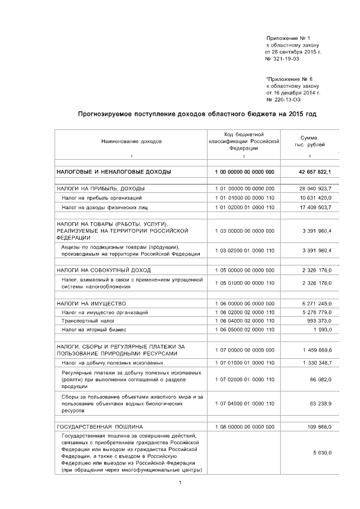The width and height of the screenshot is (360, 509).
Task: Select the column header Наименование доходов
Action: pyautogui.click(x=131, y=142)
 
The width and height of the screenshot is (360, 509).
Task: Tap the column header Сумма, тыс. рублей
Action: pyautogui.click(x=310, y=141)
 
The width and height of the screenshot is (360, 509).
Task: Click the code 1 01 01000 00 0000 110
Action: pyautogui.click(x=244, y=198)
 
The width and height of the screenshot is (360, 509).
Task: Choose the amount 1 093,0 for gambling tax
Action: pyautogui.click(x=322, y=329)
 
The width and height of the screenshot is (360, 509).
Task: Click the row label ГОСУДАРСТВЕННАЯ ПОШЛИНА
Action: pyautogui.click(x=100, y=426)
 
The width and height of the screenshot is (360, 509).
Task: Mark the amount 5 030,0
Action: pyautogui.click(x=322, y=453)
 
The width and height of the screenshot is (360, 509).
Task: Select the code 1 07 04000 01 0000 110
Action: pyautogui.click(x=244, y=403)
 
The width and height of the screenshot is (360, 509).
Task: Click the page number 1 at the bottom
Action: pyautogui.click(x=179, y=483)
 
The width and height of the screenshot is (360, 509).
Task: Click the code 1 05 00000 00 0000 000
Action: pyautogui.click(x=244, y=270)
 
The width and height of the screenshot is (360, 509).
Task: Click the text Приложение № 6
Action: pyautogui.click(x=290, y=80)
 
